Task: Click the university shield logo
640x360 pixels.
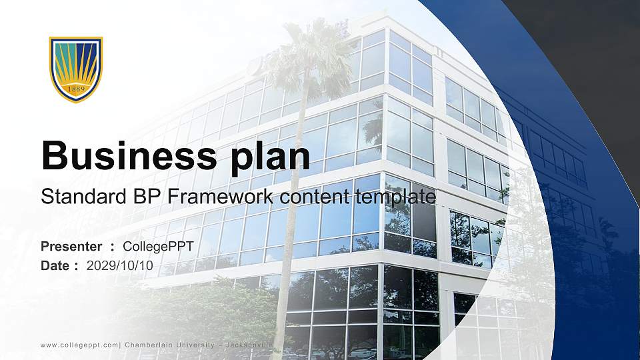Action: tap(76, 69)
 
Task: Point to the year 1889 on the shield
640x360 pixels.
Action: tap(76, 88)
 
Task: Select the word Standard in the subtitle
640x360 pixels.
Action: tap(77, 197)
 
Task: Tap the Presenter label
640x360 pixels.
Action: tap(71, 247)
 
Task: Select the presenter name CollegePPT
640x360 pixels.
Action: tap(158, 247)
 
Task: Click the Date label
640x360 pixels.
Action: tap(55, 265)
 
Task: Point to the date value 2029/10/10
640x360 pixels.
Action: tap(120, 265)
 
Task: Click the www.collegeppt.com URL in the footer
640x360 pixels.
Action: tap(79, 345)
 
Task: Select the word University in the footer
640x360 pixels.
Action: tap(195, 345)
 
